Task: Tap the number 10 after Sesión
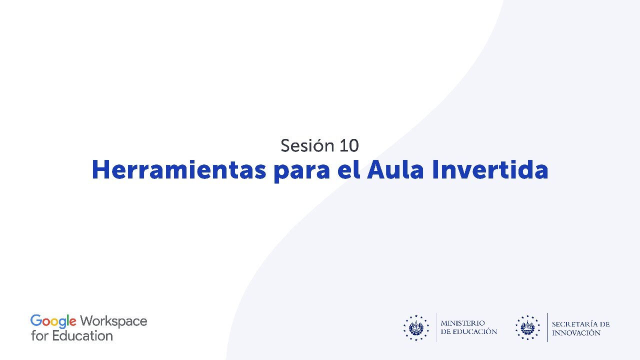[x=349, y=145]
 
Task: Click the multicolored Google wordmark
[x=53, y=321]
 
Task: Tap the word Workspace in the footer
[x=113, y=321]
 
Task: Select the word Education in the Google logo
[x=82, y=335]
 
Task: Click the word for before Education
[x=39, y=335]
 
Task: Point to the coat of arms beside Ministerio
[x=416, y=328]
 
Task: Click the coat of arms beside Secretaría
[x=528, y=328]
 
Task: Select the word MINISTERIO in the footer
[x=462, y=323]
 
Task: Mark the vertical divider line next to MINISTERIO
[x=436, y=327]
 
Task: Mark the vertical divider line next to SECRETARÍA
[x=547, y=327]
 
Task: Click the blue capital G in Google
[x=35, y=321]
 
